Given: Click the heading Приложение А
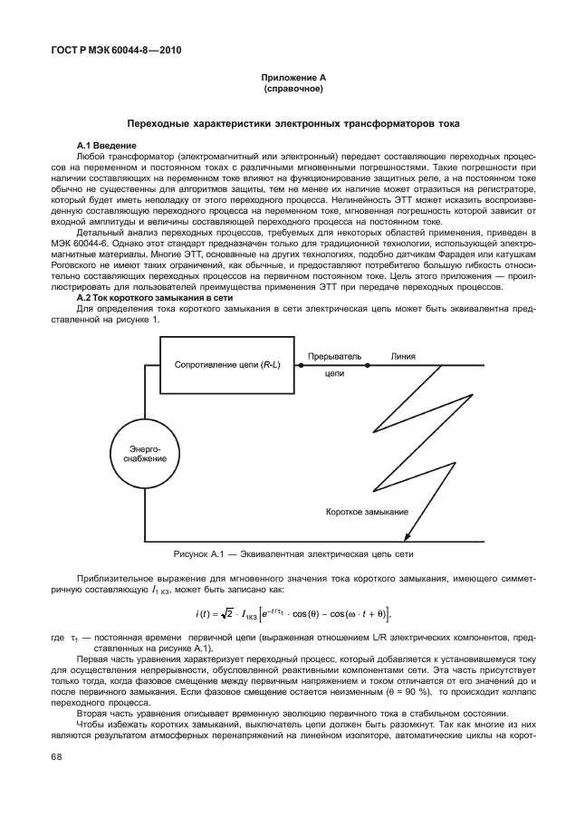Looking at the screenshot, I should (x=292, y=80).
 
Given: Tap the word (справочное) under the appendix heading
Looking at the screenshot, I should (x=292, y=90).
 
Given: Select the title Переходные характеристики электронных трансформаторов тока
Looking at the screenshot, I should (x=292, y=122).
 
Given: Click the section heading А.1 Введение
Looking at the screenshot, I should (x=104, y=145).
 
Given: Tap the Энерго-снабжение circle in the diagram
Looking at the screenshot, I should (x=139, y=454).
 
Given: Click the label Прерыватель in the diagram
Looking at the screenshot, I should (x=335, y=357).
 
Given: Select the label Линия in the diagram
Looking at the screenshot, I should (x=403, y=357).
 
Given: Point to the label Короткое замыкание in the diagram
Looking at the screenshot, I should (x=367, y=512).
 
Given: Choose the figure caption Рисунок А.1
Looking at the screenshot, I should (x=293, y=553).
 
